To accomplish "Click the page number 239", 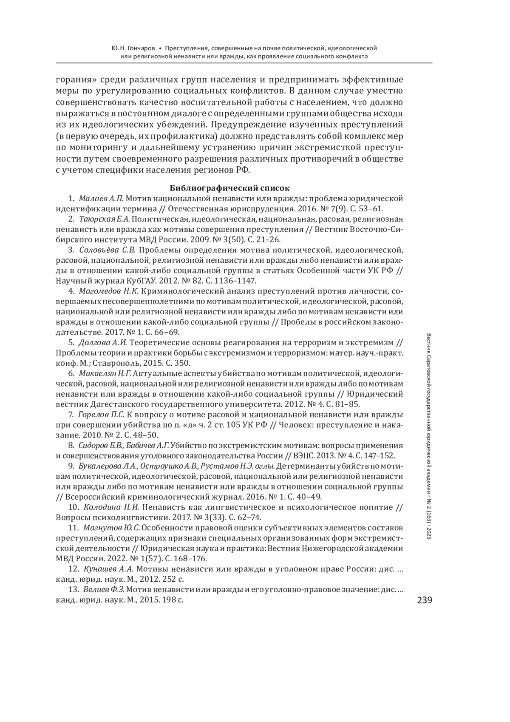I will pos(424,600).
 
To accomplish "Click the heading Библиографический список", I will pos(229,188).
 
